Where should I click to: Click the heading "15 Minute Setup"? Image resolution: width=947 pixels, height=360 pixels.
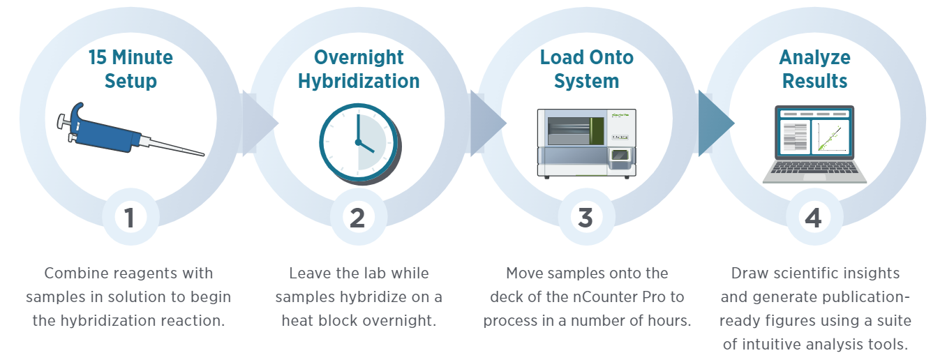coord(131,68)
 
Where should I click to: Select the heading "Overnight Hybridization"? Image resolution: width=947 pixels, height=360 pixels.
coord(359,68)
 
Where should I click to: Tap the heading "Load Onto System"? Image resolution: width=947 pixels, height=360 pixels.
coord(586,68)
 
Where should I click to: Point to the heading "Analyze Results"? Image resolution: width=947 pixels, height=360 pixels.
coord(814,68)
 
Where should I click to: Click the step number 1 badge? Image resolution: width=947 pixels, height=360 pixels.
coord(130,218)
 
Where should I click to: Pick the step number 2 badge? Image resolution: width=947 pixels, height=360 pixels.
coord(357,218)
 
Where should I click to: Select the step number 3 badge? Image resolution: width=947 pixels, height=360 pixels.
coord(586,218)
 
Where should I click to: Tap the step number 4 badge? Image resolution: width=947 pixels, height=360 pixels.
coord(813,218)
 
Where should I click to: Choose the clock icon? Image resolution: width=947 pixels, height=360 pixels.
coord(359,142)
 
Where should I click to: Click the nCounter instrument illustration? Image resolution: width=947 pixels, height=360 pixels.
coord(586,142)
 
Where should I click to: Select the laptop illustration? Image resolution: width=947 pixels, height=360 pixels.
coord(814,144)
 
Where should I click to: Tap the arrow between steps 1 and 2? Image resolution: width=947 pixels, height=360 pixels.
coord(259,123)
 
